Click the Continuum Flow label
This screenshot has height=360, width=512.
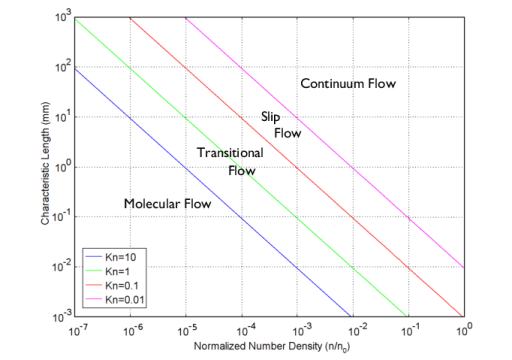(348, 84)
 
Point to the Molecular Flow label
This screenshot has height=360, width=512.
(167, 204)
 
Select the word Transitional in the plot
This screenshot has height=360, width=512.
(230, 153)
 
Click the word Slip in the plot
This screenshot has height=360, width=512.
(270, 117)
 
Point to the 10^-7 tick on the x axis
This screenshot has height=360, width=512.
(74, 327)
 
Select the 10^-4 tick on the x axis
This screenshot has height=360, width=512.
(241, 327)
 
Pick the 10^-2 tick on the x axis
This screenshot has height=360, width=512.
(352, 327)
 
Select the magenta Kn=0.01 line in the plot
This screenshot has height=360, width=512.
(350, 167)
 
